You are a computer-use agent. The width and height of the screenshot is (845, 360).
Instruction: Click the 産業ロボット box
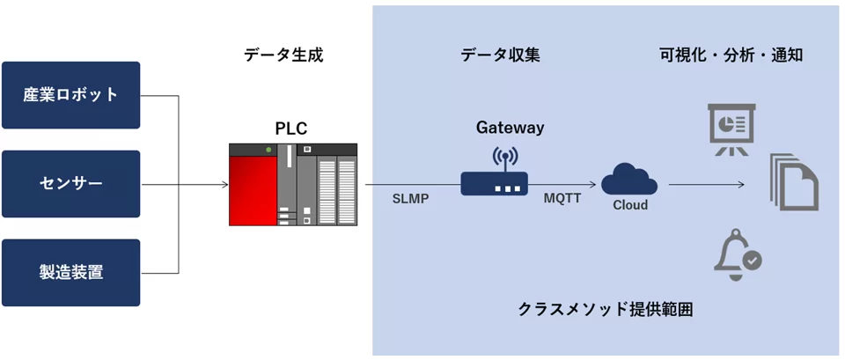coord(70,95)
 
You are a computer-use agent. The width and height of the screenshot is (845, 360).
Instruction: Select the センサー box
coord(70,184)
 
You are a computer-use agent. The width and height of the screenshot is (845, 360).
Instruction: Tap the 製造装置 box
coord(70,273)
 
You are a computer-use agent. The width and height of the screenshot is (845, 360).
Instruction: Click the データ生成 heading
coord(283,55)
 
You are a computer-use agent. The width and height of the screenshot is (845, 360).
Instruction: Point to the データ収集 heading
coord(500,55)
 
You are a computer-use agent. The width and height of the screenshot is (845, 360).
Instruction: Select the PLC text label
coord(291,129)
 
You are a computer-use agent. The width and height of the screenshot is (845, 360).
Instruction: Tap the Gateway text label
coord(510,128)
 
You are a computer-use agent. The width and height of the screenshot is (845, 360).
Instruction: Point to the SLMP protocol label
coord(410,199)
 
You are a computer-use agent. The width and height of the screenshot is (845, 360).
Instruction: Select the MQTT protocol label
coord(562,198)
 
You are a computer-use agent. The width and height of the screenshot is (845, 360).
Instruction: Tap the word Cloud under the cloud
coord(629,205)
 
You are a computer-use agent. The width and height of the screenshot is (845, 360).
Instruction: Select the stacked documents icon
coord(794,182)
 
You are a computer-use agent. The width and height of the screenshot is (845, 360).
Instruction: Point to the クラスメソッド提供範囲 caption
coord(606,310)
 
